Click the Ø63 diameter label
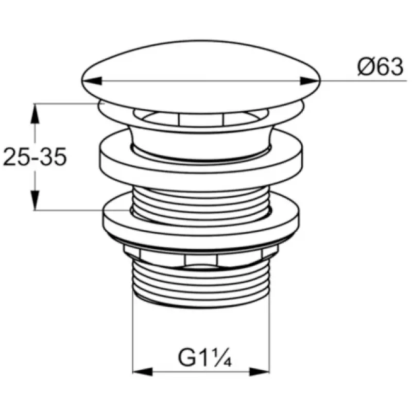point(380,67)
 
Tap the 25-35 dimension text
point(35,157)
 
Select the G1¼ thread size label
point(204,357)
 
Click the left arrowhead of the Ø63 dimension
point(92,81)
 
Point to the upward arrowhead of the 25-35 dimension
point(35,113)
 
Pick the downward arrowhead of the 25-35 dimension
point(35,200)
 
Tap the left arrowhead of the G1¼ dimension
point(143,372)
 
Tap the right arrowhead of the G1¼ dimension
point(260,372)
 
